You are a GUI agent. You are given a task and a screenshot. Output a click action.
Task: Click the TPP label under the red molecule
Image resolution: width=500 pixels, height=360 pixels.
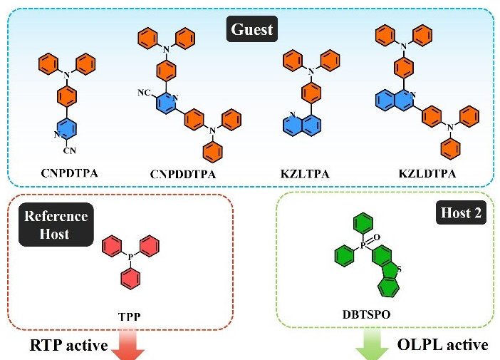(x=127, y=313)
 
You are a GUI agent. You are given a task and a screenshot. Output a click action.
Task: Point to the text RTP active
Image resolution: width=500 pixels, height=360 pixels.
(x=68, y=346)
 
